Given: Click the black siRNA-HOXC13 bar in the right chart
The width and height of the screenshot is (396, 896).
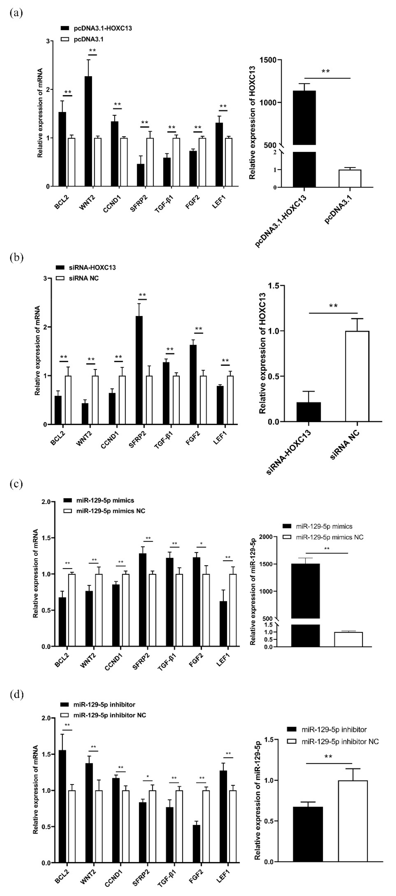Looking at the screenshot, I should (309, 412).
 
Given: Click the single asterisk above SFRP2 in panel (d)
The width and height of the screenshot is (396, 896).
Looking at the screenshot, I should (147, 776).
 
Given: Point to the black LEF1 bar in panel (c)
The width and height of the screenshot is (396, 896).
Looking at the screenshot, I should (223, 624).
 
